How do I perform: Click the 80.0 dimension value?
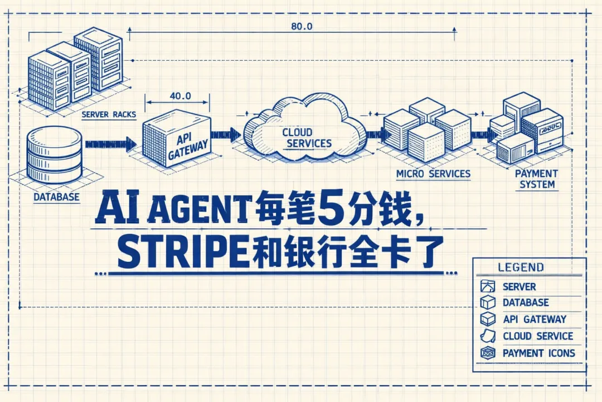[302, 26]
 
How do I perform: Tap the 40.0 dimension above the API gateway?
[179, 95]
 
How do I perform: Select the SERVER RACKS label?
[109, 114]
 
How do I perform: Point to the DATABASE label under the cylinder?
[56, 197]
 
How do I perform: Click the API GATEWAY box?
[177, 140]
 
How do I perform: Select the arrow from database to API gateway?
[110, 145]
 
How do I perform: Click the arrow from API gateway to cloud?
[226, 135]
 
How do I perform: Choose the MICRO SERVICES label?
[433, 174]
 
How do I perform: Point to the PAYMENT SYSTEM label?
[536, 179]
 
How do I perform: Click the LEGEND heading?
[521, 267]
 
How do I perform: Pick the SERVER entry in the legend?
[519, 286]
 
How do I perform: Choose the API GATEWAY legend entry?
[534, 319]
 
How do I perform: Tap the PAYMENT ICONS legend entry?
[538, 353]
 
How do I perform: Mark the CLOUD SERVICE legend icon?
[488, 336]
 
